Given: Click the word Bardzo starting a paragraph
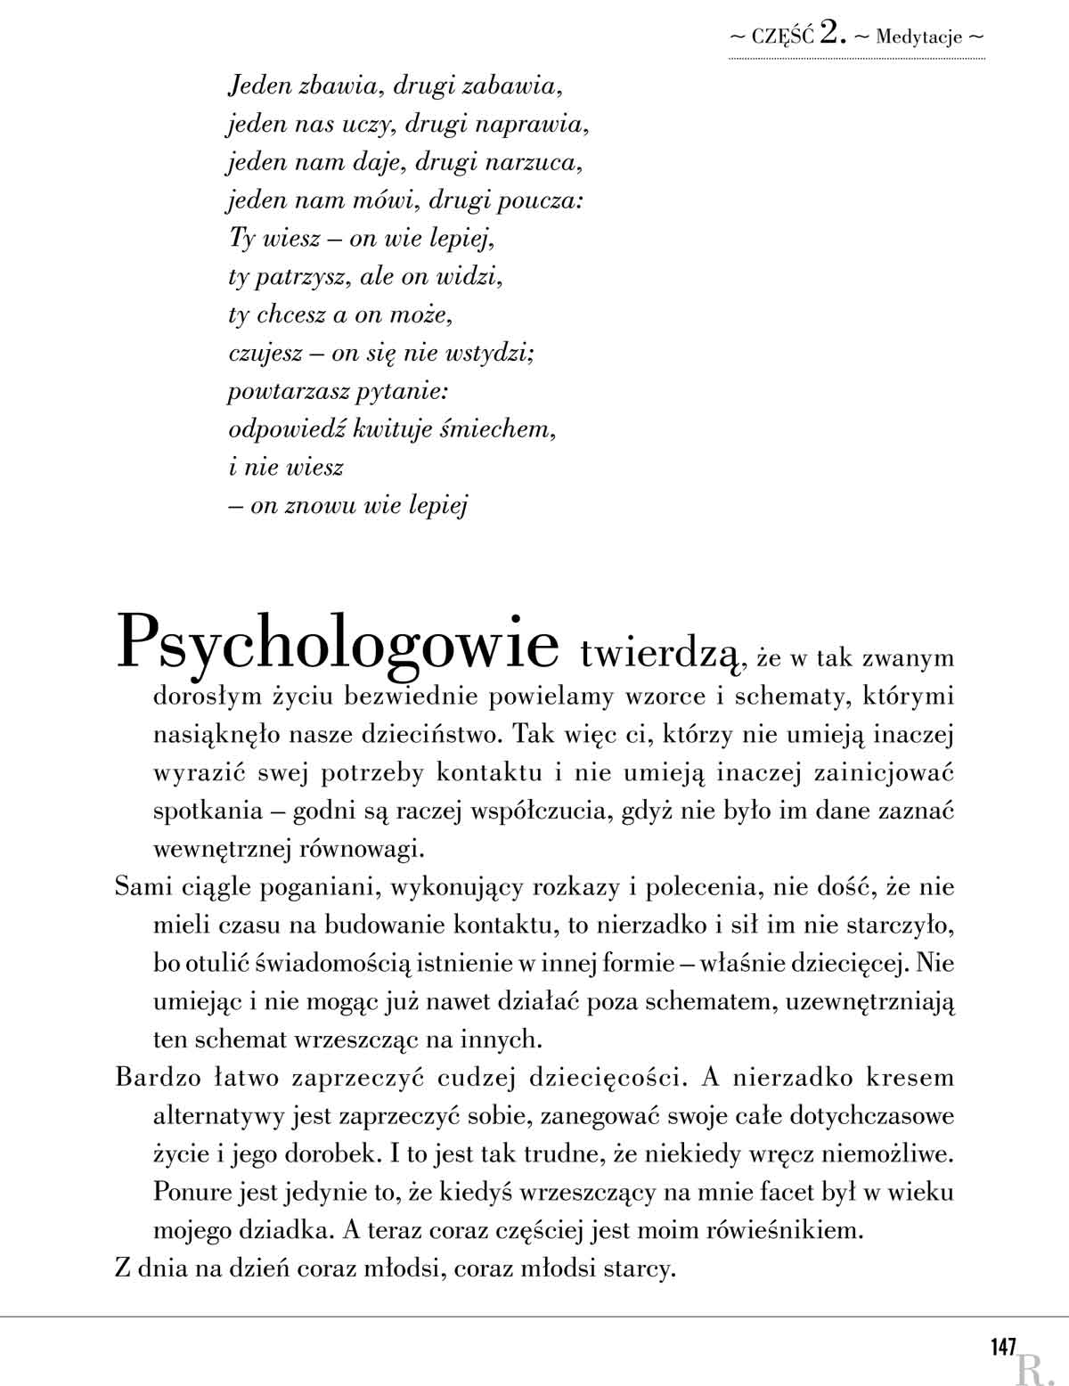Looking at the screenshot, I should [148, 1077].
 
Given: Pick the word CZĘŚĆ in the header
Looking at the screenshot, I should [782, 37].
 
